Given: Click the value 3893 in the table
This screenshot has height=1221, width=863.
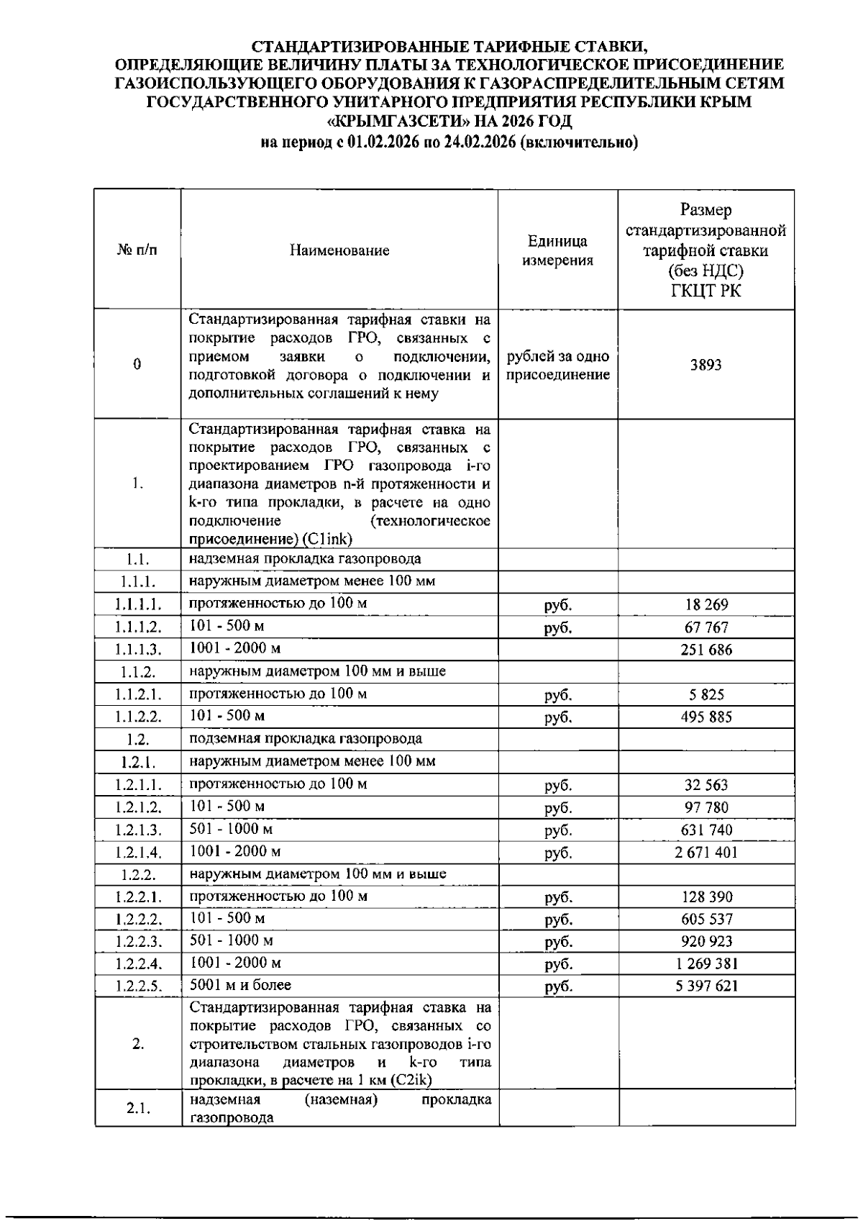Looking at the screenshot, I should pyautogui.click(x=706, y=365).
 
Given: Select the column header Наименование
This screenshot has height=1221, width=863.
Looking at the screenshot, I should pyautogui.click(x=339, y=250).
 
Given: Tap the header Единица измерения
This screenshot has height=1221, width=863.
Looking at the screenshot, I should pyautogui.click(x=557, y=250).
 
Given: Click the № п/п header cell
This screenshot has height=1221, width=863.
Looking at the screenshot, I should pyautogui.click(x=137, y=250).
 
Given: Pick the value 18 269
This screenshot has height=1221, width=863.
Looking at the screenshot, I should pyautogui.click(x=706, y=605).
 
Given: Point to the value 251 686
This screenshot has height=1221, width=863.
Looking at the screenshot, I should pyautogui.click(x=706, y=650).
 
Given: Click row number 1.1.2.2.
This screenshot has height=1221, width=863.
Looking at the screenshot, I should pyautogui.click(x=137, y=717).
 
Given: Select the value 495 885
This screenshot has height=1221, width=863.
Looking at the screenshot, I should pyautogui.click(x=706, y=717).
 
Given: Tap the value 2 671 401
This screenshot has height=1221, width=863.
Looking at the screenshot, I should pyautogui.click(x=706, y=853).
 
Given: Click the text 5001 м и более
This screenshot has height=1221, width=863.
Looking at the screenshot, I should pyautogui.click(x=240, y=984).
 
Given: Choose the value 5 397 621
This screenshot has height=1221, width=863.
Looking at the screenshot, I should pyautogui.click(x=706, y=986).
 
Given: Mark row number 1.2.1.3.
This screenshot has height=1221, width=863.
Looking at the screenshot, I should pyautogui.click(x=137, y=830).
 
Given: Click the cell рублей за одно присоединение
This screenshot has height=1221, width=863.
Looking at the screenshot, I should pyautogui.click(x=557, y=366).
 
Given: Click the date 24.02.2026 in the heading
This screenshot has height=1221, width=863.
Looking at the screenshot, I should pyautogui.click(x=480, y=142).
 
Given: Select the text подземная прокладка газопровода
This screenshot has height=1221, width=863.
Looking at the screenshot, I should pyautogui.click(x=306, y=739).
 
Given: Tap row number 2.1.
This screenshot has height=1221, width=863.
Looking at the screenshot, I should pyautogui.click(x=137, y=1109).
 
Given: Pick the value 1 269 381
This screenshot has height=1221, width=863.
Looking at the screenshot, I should pyautogui.click(x=706, y=963).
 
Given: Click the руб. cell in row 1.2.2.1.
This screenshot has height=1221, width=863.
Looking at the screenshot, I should pyautogui.click(x=557, y=897).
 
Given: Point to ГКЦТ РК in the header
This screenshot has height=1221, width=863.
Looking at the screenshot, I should pyautogui.click(x=706, y=291).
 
